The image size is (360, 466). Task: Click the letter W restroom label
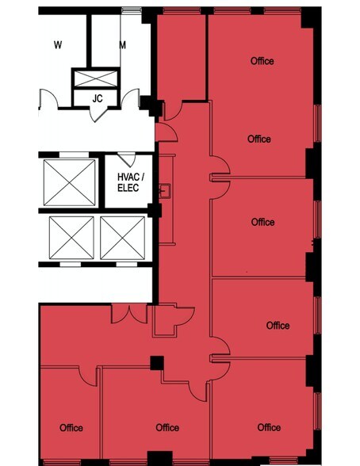click(x=58, y=45)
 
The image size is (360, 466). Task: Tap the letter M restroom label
click(x=122, y=45)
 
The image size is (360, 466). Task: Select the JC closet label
click(x=98, y=98)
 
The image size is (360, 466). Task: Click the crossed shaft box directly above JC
click(x=94, y=78)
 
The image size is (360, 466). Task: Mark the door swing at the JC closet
click(x=100, y=113)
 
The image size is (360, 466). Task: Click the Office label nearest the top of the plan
click(x=262, y=61)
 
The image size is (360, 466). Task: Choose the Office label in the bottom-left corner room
click(x=71, y=428)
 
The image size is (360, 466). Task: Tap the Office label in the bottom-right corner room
click(x=269, y=428)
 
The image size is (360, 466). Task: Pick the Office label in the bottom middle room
click(x=167, y=428)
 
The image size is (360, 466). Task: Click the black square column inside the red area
click(x=157, y=363)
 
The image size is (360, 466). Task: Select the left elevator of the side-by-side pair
click(x=71, y=237)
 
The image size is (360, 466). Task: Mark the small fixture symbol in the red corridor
click(x=165, y=190)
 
